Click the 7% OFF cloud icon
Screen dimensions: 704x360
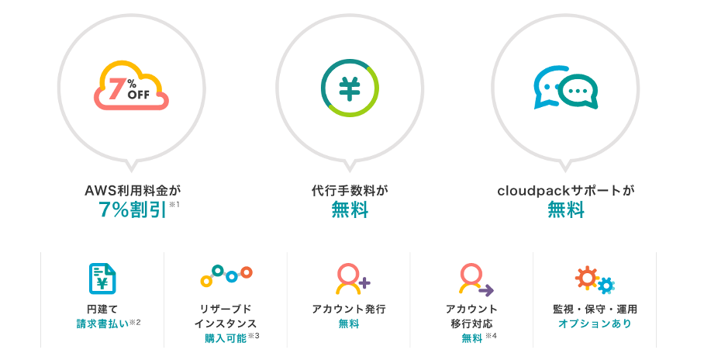coord(131,87)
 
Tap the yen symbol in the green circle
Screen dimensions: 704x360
coord(349,88)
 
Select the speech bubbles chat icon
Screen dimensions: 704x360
coord(565,88)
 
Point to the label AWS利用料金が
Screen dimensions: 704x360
coord(132,189)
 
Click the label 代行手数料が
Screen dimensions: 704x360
coord(349,189)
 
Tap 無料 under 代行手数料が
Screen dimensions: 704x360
coord(349,209)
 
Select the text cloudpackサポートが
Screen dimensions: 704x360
coord(565,189)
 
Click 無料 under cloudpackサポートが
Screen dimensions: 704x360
coord(565,209)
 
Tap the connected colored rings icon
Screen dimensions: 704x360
coord(226,275)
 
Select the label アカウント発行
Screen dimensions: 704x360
coord(349,309)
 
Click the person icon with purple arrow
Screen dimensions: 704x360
coord(474,279)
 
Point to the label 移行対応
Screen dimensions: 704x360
coord(471,323)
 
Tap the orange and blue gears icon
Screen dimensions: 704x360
coord(595,280)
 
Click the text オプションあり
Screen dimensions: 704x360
coord(595,323)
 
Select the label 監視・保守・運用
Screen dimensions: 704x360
coord(595,309)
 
